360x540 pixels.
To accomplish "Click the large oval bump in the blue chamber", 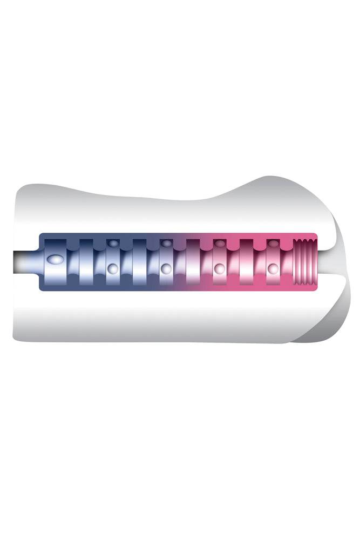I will [x=55, y=260].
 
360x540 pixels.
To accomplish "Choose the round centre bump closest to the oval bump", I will [x=112, y=267].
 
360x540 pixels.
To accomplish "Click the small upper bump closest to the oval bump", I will [x=112, y=244].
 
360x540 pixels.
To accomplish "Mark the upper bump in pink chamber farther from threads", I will [x=219, y=244].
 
